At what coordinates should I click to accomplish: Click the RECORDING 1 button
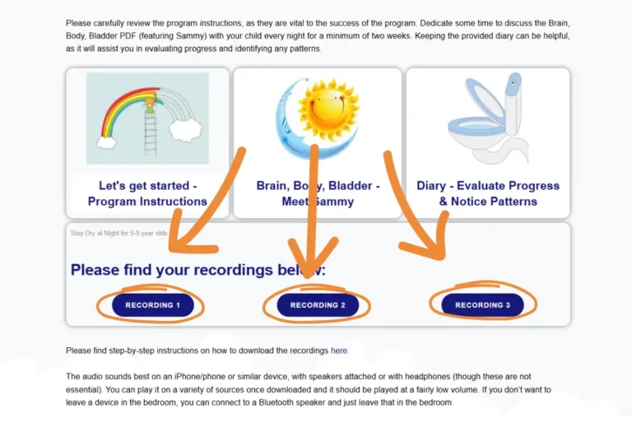coord(152,305)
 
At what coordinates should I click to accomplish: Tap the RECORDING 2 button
coord(317,305)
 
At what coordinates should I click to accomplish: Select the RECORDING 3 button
coord(482,305)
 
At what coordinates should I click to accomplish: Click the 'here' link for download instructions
coord(339,350)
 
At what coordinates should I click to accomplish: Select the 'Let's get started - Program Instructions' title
coord(147,193)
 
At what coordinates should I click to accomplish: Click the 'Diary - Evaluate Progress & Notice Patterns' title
coord(488,193)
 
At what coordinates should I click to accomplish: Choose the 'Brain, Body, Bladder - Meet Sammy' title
coord(318,193)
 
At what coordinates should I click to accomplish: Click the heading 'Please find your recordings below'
coord(197,270)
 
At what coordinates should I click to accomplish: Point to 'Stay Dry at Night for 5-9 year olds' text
coord(118,234)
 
